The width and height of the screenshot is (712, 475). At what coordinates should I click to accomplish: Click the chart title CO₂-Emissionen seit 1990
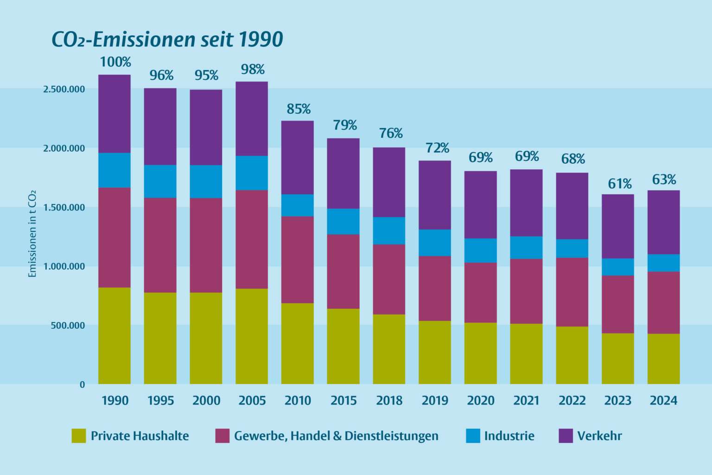pyautogui.click(x=167, y=39)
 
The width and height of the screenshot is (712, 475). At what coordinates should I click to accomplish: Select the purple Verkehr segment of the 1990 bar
pyautogui.click(x=114, y=114)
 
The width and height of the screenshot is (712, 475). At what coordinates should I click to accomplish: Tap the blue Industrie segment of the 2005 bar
pyautogui.click(x=252, y=173)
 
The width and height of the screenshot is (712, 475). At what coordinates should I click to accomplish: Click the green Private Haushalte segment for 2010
pyautogui.click(x=298, y=343)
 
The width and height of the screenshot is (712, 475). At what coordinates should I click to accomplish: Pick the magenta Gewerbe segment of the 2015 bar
pyautogui.click(x=343, y=271)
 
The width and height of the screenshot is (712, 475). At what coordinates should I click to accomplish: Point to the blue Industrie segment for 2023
pyautogui.click(x=618, y=267)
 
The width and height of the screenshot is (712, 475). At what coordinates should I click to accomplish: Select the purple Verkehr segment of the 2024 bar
pyautogui.click(x=663, y=222)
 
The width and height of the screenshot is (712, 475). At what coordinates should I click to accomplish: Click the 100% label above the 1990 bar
pyautogui.click(x=115, y=62)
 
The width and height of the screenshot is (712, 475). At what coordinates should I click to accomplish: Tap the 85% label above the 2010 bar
pyautogui.click(x=299, y=109)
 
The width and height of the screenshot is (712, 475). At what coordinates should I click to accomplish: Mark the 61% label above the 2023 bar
pyautogui.click(x=620, y=184)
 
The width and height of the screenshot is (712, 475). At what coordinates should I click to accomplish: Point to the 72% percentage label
pyautogui.click(x=437, y=148)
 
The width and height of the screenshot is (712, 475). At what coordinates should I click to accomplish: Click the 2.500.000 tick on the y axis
pyautogui.click(x=64, y=89)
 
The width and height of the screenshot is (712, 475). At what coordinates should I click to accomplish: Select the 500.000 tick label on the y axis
pyautogui.click(x=68, y=326)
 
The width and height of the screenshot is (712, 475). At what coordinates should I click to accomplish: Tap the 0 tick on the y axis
pyautogui.click(x=82, y=385)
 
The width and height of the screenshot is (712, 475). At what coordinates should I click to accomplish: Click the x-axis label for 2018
pyautogui.click(x=389, y=400)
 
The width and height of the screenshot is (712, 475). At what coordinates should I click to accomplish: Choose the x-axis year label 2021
pyautogui.click(x=526, y=400)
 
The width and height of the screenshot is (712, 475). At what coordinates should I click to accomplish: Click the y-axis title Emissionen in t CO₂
pyautogui.click(x=32, y=234)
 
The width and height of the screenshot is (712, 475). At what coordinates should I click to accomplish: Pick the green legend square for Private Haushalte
pyautogui.click(x=79, y=436)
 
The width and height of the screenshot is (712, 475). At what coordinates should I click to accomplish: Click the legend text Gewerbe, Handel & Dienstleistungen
pyautogui.click(x=336, y=436)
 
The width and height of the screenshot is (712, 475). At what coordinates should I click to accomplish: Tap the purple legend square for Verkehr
pyautogui.click(x=566, y=436)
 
